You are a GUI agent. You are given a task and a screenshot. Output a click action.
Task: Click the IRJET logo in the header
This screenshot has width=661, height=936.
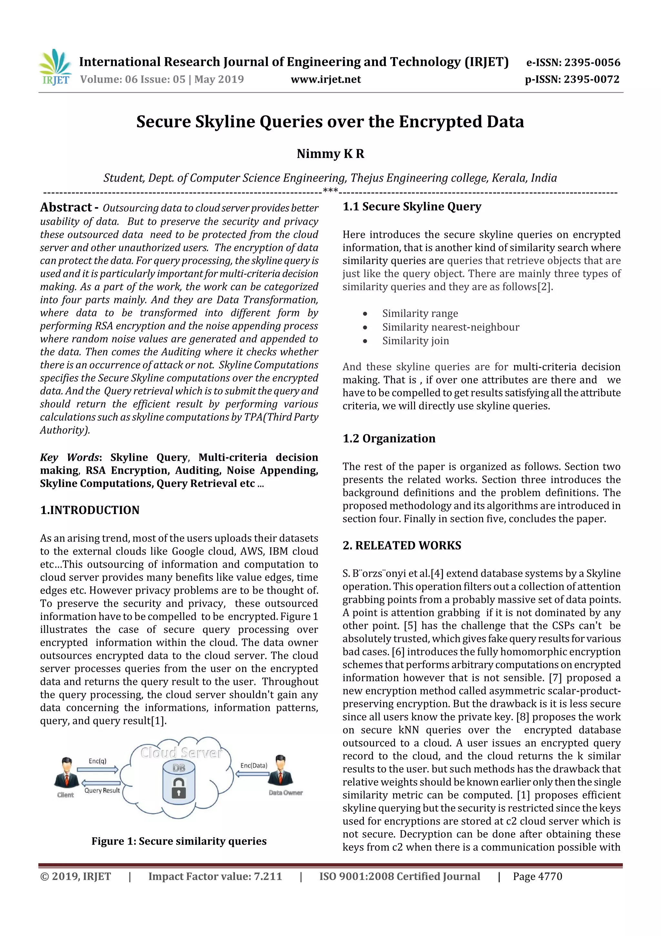56,67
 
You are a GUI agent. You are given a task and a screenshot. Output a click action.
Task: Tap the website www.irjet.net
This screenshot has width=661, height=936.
325,79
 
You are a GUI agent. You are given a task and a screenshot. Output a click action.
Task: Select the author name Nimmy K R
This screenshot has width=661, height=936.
330,154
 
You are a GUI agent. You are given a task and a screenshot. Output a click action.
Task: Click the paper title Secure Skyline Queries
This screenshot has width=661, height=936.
330,122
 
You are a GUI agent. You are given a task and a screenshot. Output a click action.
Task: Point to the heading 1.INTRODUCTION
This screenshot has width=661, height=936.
90,510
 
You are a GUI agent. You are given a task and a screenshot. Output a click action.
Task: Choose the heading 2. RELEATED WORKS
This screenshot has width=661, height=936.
402,545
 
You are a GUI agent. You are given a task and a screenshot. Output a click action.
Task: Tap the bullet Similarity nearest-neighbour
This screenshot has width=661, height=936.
451,327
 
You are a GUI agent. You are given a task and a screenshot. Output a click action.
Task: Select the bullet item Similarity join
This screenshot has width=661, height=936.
415,341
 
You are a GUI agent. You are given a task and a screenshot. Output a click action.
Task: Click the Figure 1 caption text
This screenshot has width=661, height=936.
179,841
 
